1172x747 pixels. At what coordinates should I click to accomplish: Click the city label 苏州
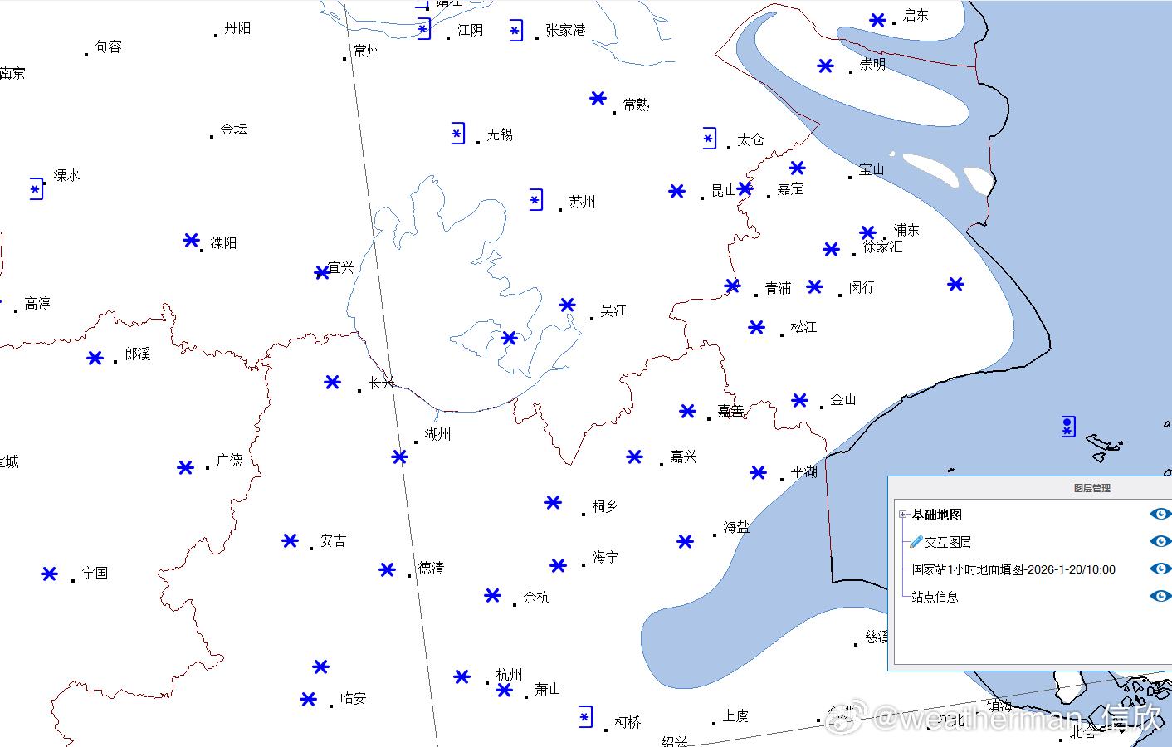(x=582, y=202)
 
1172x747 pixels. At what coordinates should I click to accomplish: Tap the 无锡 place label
(x=500, y=134)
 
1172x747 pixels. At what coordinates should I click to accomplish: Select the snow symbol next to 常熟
(x=598, y=98)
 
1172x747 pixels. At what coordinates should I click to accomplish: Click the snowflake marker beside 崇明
(x=825, y=66)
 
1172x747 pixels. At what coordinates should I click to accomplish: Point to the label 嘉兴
(x=683, y=456)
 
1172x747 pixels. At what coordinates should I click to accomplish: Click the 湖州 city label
(x=437, y=434)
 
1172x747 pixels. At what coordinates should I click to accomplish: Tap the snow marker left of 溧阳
(x=191, y=241)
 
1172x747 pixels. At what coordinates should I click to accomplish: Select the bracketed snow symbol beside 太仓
(x=709, y=139)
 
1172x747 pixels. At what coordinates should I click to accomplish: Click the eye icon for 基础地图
(x=1160, y=514)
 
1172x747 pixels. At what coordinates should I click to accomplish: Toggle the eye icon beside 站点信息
(x=1160, y=596)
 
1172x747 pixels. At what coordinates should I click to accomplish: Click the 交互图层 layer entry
(x=948, y=542)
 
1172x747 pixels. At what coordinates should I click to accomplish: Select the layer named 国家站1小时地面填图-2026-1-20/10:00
(x=1013, y=569)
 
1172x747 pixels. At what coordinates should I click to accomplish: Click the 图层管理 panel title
(x=1091, y=488)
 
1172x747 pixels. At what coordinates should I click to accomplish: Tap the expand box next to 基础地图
(x=903, y=515)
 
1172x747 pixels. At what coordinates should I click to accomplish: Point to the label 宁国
(x=95, y=573)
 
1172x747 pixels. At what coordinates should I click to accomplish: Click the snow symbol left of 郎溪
(x=95, y=358)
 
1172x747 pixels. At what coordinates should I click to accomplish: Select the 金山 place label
(x=842, y=399)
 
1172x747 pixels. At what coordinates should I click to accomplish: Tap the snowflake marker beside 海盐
(x=685, y=542)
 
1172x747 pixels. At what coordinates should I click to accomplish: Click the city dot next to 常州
(x=344, y=58)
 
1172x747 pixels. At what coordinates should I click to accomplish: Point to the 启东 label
(x=916, y=15)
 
